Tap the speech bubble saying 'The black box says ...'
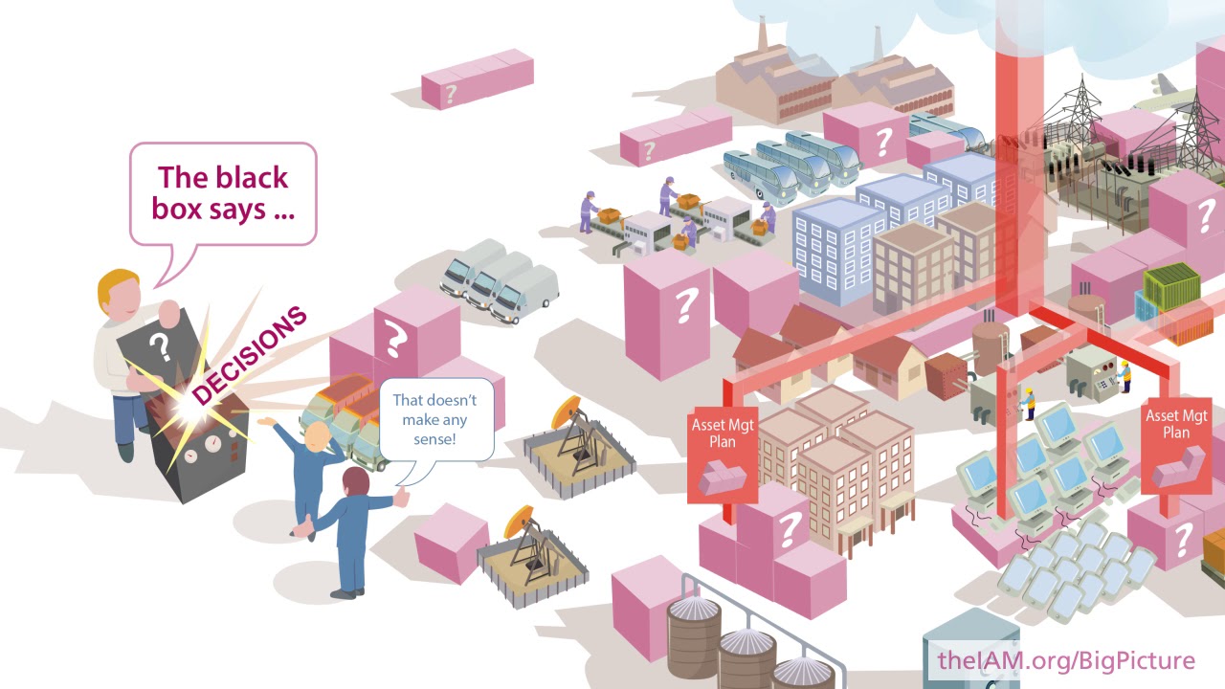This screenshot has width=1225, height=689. point(223,193)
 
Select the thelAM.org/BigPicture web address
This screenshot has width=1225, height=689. point(1066,660)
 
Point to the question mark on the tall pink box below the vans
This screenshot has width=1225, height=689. point(684,305)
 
